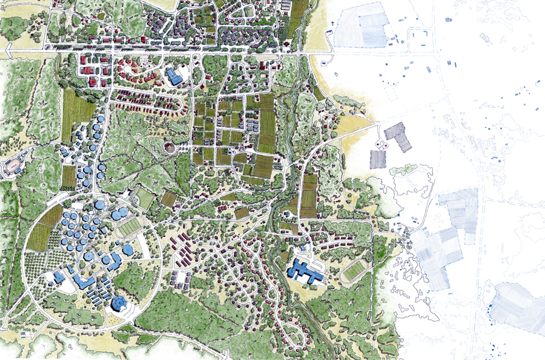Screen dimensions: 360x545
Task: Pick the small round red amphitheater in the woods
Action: point(171,147)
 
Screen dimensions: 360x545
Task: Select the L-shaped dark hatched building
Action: point(399,136)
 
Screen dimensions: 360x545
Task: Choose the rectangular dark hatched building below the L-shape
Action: point(378,159)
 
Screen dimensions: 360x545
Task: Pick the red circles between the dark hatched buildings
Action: point(382,145)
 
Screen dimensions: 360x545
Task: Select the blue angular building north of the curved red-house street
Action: point(175,76)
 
